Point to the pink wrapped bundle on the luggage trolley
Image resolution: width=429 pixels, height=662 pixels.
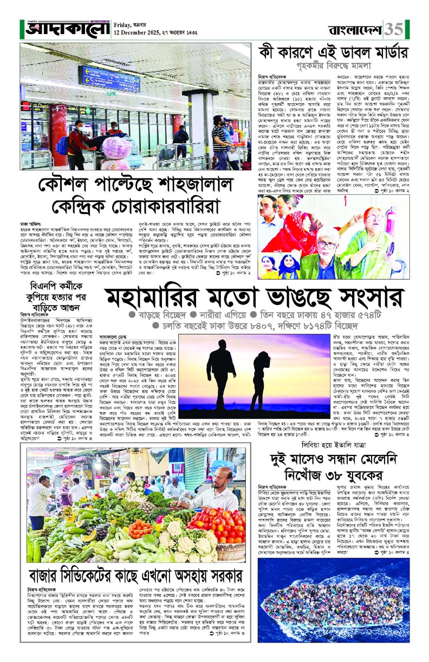pyautogui.click(x=116, y=148)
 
